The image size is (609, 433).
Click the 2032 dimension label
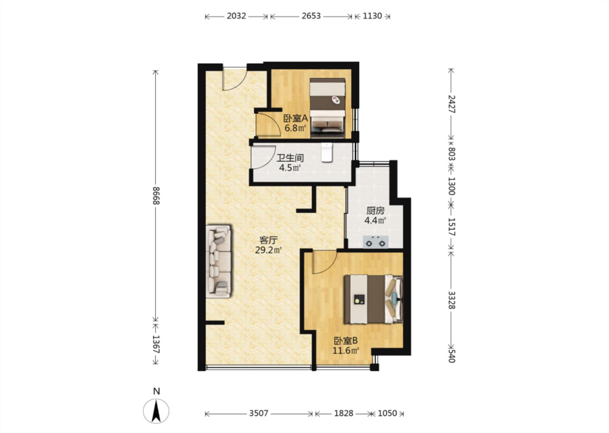[236, 16]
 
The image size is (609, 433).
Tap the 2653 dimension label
[311, 16]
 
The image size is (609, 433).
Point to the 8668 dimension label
[156, 196]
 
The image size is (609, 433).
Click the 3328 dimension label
[451, 300]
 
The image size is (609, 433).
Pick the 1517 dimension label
[451, 226]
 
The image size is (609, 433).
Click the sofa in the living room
[219, 261]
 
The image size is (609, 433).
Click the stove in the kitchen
[376, 242]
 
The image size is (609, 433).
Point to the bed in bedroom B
[373, 299]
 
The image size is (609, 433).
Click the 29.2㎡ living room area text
[268, 250]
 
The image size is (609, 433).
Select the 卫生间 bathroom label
[290, 158]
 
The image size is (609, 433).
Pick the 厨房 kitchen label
[375, 211]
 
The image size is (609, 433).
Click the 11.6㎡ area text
[346, 351]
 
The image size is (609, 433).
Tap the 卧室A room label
[295, 118]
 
